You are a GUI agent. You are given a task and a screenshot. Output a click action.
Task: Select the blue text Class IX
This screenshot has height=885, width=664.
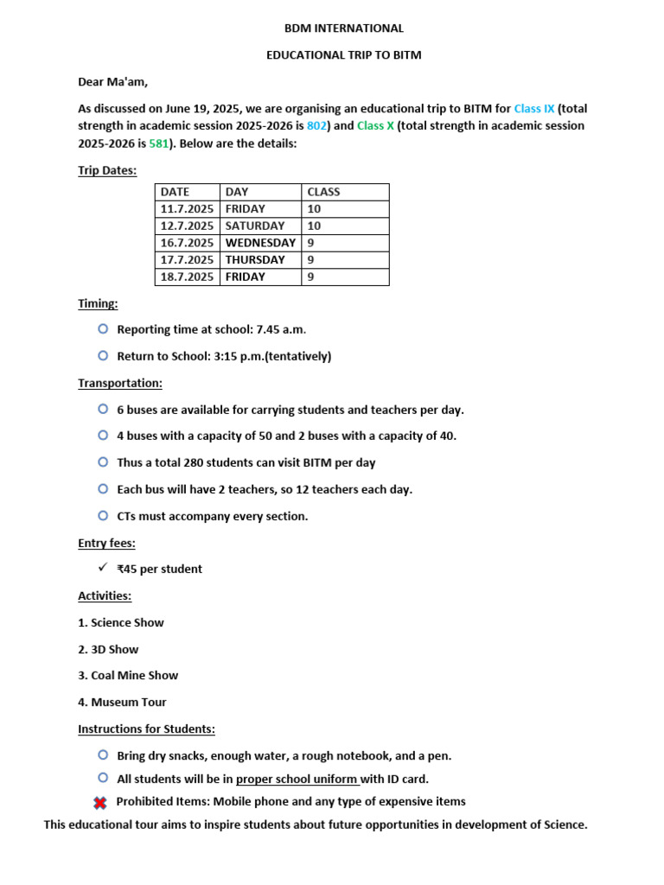tap(534, 109)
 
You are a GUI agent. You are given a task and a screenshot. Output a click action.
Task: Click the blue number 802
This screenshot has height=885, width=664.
tap(317, 126)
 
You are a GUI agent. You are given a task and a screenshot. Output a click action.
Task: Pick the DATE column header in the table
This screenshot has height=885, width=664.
tap(175, 192)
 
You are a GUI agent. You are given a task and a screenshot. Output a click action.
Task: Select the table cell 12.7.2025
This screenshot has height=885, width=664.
tap(187, 226)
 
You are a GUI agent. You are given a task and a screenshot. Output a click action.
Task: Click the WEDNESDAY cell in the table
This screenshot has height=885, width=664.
tap(260, 243)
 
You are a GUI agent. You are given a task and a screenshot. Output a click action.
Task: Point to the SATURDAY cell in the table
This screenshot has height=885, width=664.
tap(254, 226)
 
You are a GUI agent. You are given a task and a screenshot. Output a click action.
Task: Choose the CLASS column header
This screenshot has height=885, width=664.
tap(323, 192)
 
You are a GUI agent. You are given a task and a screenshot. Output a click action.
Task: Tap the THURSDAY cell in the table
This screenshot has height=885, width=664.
tap(255, 260)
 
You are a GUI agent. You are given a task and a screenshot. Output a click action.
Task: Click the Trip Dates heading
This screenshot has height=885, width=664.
tap(107, 170)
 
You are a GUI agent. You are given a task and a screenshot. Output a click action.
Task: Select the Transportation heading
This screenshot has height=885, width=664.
tap(120, 383)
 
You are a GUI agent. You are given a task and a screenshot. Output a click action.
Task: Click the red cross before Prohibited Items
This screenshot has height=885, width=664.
tap(101, 803)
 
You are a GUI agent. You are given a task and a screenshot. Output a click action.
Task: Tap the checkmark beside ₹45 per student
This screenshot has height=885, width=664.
tap(103, 568)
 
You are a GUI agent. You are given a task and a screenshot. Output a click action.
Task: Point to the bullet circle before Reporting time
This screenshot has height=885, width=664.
tap(103, 328)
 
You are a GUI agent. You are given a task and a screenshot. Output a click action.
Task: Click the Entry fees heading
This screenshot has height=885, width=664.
tap(106, 544)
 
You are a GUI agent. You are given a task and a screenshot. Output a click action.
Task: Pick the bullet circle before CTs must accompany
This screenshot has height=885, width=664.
tap(103, 515)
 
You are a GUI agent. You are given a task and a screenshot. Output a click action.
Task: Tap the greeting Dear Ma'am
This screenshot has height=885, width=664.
tap(113, 82)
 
